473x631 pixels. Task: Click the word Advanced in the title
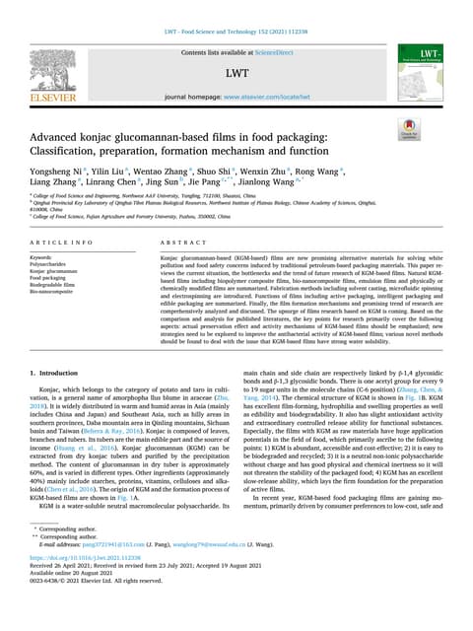click(65, 134)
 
